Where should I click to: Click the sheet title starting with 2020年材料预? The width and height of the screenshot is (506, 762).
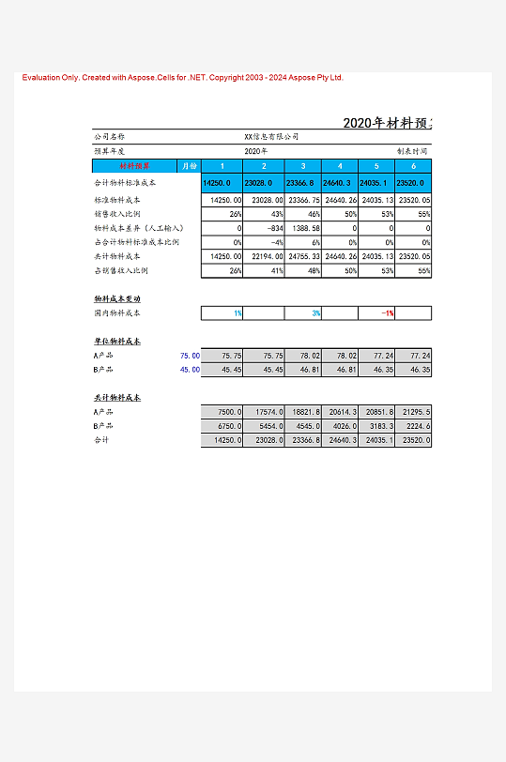tap(387, 123)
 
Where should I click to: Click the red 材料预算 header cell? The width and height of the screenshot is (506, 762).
tap(134, 166)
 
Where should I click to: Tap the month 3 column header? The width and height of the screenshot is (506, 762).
tap(302, 166)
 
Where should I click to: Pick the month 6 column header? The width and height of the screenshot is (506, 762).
tap(413, 166)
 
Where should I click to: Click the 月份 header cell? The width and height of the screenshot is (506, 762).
tap(188, 166)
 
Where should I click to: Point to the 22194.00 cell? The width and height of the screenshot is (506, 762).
tap(267, 256)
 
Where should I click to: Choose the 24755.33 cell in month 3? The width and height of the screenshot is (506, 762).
tap(303, 256)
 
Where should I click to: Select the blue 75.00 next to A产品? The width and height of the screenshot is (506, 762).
tap(189, 356)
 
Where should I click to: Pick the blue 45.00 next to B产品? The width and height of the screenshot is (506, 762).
tap(189, 370)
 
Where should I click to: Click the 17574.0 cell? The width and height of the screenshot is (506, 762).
tap(267, 412)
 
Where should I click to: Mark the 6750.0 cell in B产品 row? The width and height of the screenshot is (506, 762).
tap(230, 426)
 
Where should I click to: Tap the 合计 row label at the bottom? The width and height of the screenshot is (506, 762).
tap(101, 439)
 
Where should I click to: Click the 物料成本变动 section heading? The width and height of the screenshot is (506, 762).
tap(116, 298)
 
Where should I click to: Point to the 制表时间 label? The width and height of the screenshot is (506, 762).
tap(412, 150)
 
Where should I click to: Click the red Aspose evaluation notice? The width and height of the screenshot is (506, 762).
tap(183, 78)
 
